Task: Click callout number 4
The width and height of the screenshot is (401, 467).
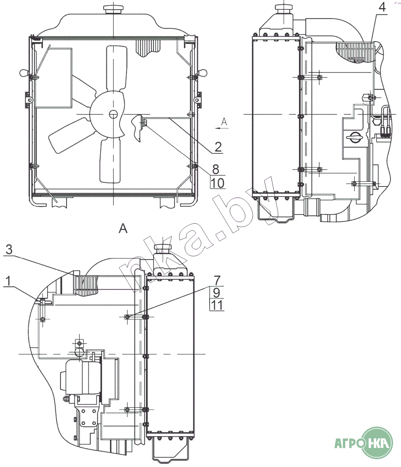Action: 382,7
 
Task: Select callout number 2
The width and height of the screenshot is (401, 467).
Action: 218,147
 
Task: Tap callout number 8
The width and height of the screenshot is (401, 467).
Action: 216,169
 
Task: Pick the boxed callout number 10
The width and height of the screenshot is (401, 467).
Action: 218,183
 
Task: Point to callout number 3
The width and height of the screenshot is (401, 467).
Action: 9,250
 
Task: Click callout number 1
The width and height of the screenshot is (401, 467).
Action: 8,281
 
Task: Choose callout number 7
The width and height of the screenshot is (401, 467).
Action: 217,280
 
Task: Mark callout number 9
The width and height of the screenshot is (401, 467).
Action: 217,293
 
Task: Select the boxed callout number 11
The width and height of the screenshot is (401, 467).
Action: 217,305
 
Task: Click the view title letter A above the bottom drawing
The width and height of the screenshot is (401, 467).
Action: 123,229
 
